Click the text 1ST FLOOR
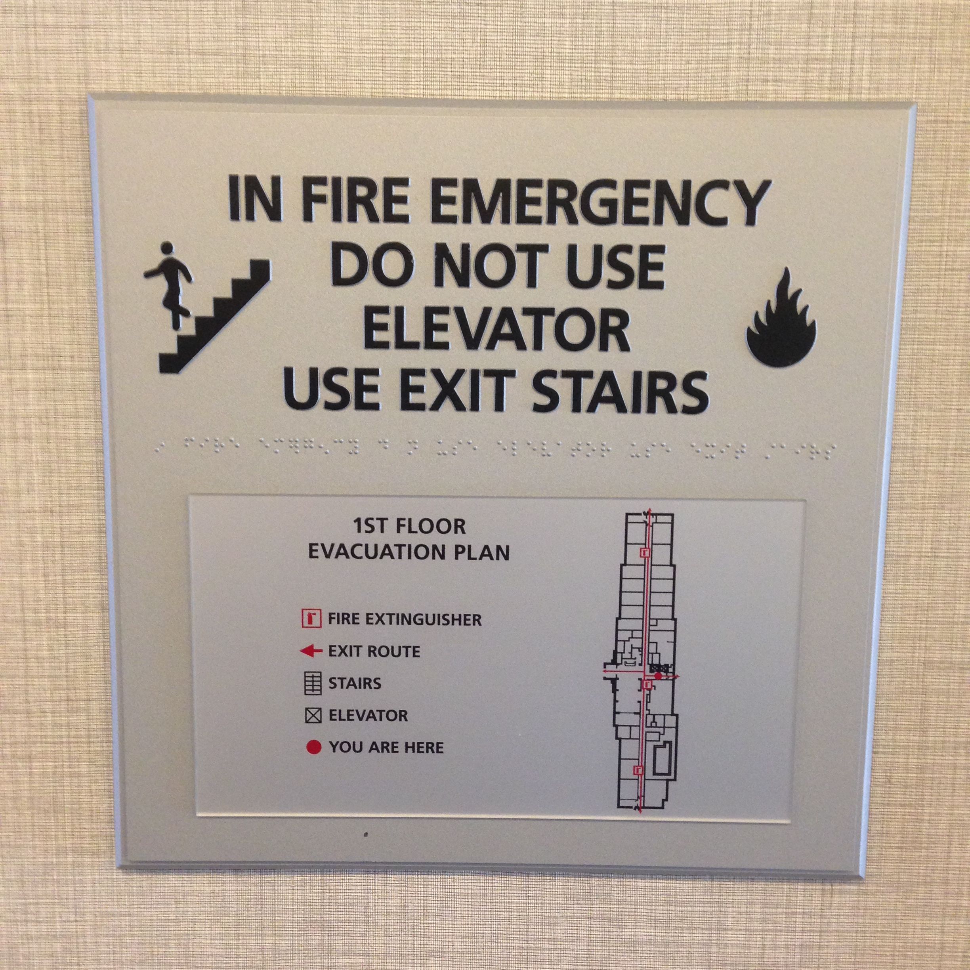(x=409, y=527)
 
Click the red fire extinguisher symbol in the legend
(x=311, y=619)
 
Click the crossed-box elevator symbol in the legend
(x=313, y=716)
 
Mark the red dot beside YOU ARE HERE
(x=313, y=748)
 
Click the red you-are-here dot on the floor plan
(x=658, y=676)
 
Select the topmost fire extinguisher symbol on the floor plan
(x=645, y=552)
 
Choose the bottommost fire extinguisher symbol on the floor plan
(x=639, y=769)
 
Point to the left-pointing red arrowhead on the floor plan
(x=605, y=671)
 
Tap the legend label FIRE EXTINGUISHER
(x=405, y=620)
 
